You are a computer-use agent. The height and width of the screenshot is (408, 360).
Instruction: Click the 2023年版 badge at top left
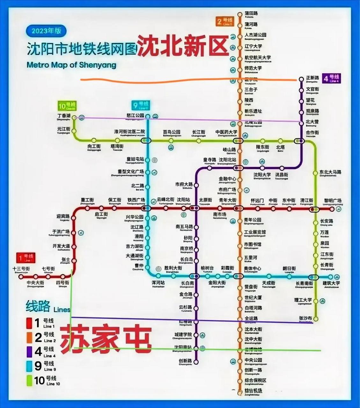point(47,31)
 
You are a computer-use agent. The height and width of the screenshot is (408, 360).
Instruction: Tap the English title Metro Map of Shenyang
point(71,65)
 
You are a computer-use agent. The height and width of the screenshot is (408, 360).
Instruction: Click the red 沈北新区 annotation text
point(183,46)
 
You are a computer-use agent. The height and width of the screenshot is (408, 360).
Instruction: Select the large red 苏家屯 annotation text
point(106,339)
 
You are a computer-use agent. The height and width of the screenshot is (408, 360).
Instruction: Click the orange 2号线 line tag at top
point(224,22)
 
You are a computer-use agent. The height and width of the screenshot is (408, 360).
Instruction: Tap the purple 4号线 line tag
point(332,78)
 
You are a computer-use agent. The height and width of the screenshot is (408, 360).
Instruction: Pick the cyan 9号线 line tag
point(140,105)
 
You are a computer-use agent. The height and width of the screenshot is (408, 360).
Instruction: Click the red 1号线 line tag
point(26,258)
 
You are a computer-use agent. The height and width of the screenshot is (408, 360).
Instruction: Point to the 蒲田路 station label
point(251,14)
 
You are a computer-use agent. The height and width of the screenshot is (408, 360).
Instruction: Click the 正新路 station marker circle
point(301,79)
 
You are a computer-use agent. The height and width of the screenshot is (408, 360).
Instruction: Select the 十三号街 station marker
point(21,277)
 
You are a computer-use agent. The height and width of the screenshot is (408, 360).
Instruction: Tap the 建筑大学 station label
point(331,283)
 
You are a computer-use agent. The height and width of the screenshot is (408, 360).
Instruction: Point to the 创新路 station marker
point(196,361)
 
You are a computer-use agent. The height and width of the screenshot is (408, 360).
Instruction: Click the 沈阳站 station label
point(183,200)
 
